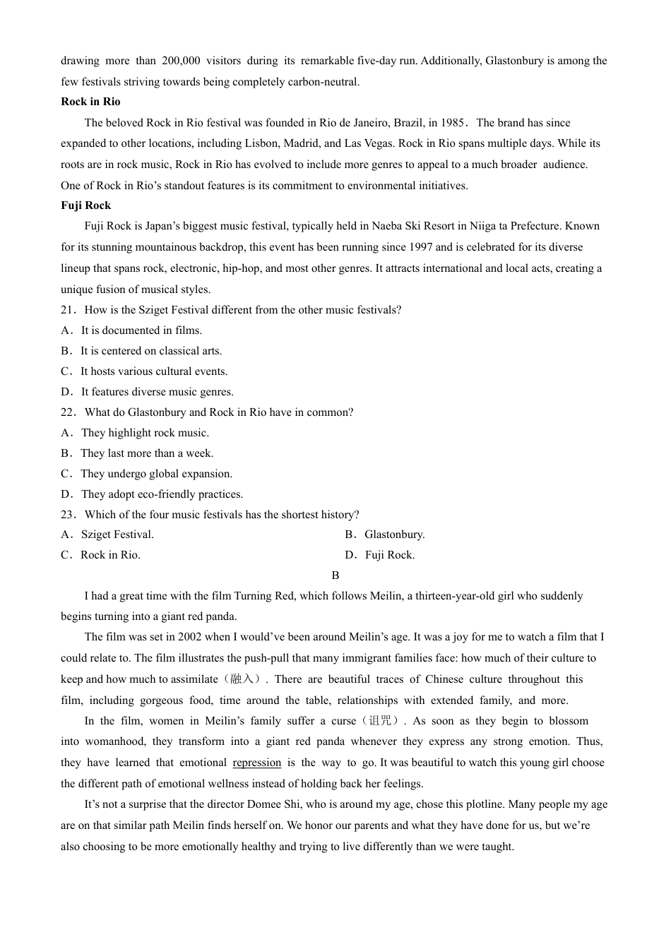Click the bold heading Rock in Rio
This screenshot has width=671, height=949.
tap(90, 102)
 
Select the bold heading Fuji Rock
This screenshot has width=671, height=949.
tap(86, 205)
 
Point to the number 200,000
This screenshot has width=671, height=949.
tap(181, 61)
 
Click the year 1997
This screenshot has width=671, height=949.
tap(420, 247)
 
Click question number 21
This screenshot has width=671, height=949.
tap(68, 310)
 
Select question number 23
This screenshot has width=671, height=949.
tap(68, 515)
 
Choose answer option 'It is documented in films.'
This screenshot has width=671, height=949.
tap(141, 330)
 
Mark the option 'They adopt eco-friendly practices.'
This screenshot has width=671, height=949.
tap(162, 494)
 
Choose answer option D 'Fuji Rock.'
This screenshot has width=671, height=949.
tap(389, 555)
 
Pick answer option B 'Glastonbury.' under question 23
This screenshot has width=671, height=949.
tap(394, 535)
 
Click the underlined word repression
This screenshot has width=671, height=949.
tap(256, 763)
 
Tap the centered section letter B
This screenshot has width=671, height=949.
tap(335, 575)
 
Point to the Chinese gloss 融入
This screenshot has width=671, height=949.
tap(242, 679)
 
